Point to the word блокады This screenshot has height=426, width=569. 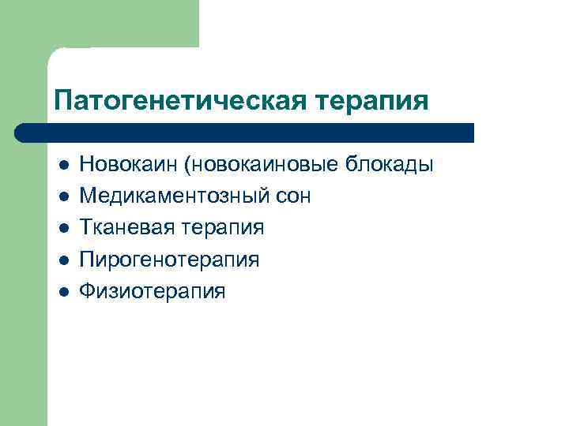(x=390, y=165)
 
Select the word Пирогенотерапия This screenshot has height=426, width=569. (x=169, y=260)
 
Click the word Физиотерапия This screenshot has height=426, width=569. (x=152, y=291)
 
